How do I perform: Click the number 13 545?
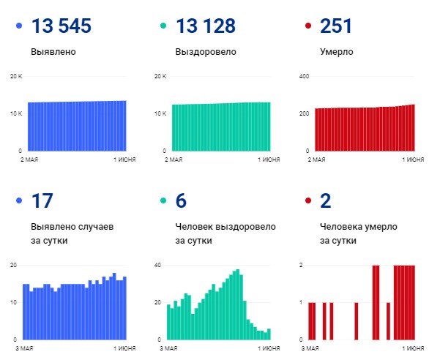point(61,26)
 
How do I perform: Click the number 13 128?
point(206,26)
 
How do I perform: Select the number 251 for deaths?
point(336,26)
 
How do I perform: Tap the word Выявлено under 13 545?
point(53,53)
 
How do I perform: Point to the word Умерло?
point(337,53)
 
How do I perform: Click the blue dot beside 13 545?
point(19,27)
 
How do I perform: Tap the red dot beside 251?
point(307,27)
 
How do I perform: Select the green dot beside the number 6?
point(163,201)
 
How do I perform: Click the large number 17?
point(42,201)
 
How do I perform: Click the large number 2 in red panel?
point(326,201)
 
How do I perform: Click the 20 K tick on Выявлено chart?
point(17,76)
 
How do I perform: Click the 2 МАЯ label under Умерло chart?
point(316,159)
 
